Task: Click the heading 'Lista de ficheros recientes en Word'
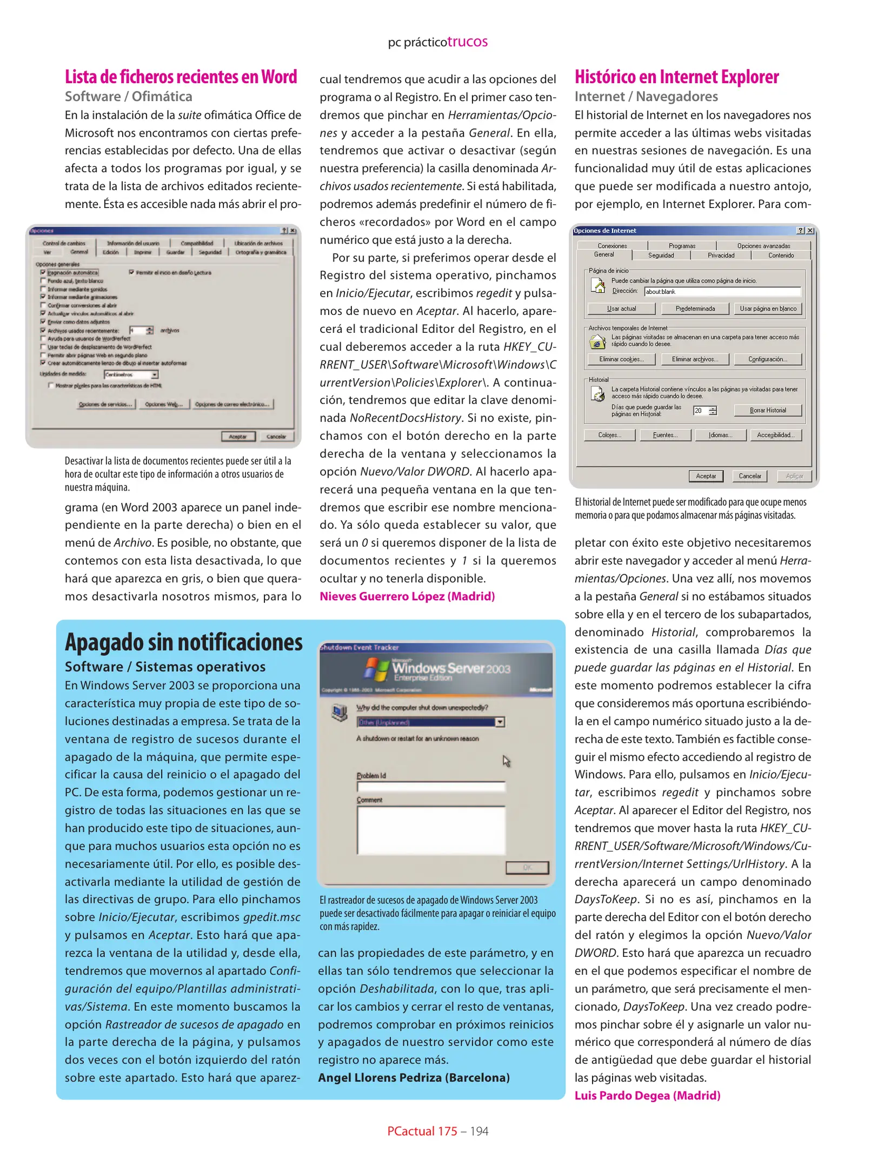click(181, 77)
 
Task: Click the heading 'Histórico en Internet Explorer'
click(676, 77)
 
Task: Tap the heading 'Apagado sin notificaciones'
click(183, 642)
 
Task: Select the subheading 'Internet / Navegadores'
click(646, 97)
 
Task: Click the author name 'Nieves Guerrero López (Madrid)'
click(407, 596)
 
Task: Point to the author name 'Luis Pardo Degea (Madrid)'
click(647, 1096)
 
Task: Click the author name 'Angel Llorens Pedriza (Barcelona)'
click(413, 1078)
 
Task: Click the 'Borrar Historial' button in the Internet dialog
click(767, 411)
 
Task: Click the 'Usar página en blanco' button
click(767, 308)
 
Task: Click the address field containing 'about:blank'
click(721, 292)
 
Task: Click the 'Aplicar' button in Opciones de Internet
click(794, 476)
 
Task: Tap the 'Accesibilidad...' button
click(775, 435)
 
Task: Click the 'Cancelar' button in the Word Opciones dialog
click(276, 437)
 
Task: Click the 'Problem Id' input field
click(430, 787)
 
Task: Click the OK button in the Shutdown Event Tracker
click(527, 868)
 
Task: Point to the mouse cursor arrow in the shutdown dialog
click(506, 761)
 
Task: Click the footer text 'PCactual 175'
click(422, 1131)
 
